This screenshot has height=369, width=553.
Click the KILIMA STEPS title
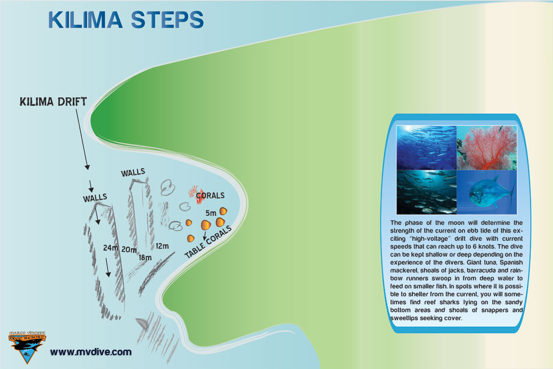126,20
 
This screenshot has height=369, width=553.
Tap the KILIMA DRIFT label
53,102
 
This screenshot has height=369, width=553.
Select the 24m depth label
111,248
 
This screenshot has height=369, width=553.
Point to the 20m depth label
129,250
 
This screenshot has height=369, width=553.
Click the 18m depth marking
145,257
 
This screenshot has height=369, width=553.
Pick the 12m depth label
162,246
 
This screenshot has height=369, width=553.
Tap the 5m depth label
211,213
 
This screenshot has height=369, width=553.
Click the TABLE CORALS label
208,242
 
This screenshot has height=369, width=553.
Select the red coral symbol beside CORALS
196,195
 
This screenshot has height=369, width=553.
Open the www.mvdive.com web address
91,352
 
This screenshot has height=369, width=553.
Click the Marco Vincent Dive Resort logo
27,347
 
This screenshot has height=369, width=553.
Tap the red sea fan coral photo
487,148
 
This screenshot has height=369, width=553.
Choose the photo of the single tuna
487,193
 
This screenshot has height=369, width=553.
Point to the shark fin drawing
142,324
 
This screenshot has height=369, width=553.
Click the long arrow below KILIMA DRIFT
82,139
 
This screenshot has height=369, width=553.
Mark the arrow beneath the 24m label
108,267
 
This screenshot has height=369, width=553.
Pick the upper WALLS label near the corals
133,173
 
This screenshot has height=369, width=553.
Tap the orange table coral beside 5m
223,211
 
